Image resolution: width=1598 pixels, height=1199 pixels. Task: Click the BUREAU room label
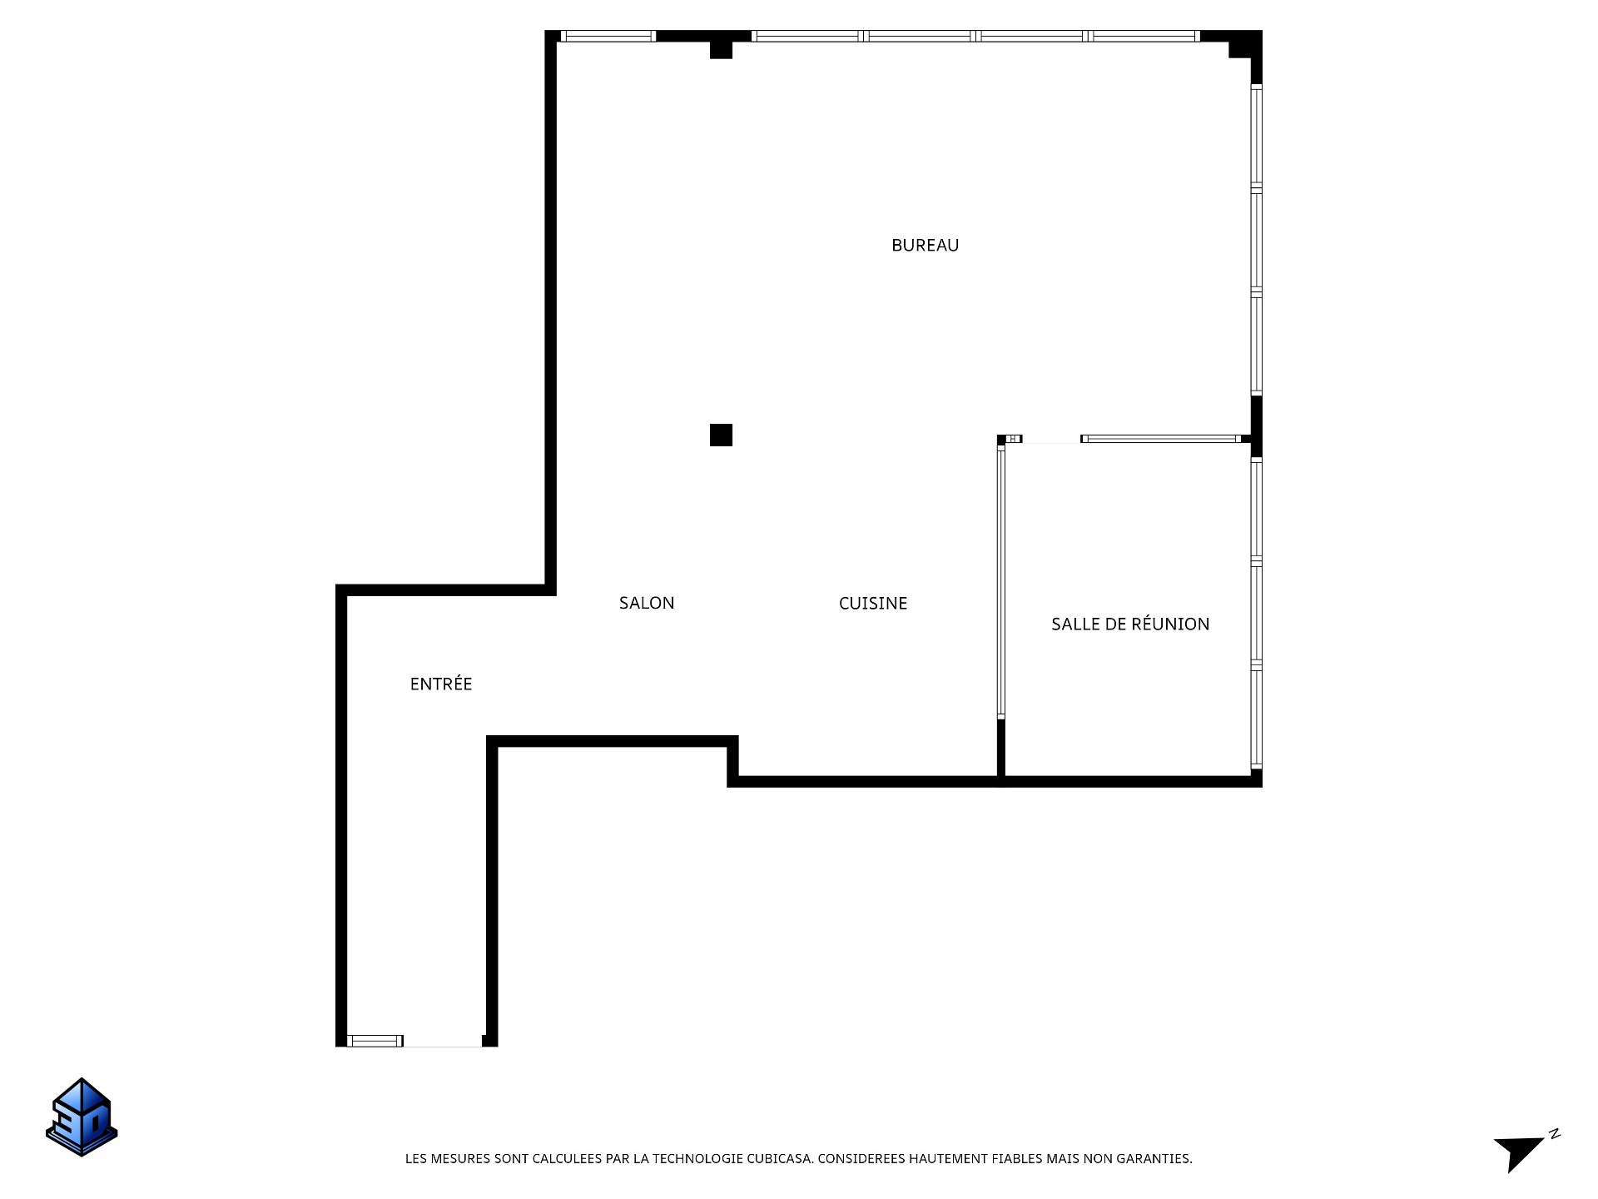point(925,245)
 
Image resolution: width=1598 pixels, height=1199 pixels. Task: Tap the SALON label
point(647,603)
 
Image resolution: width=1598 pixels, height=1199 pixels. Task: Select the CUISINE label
point(873,603)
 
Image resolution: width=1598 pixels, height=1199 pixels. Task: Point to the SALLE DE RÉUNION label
point(1130,624)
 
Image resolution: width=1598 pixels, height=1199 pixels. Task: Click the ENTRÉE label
point(441,684)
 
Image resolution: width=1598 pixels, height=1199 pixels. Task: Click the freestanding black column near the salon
point(721,435)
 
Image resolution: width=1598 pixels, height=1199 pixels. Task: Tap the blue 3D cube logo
point(82,1117)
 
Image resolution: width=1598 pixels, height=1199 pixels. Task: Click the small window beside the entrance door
point(375,1041)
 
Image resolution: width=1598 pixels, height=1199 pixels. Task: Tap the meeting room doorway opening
point(1051,440)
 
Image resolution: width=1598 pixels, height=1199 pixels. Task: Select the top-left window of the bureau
point(608,36)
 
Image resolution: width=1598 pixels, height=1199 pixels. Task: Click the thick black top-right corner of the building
point(1246,46)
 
